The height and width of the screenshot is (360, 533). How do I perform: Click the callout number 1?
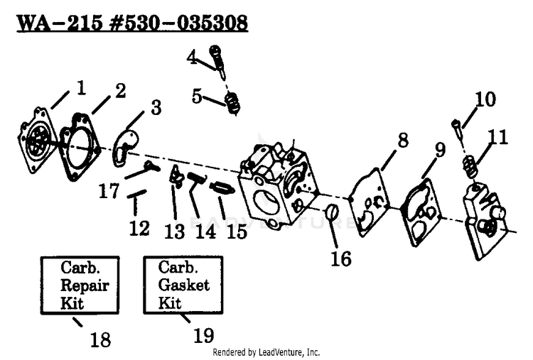pos(81,88)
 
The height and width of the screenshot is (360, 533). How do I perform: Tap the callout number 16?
pos(341,258)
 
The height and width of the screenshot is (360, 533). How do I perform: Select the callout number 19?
pos(204,335)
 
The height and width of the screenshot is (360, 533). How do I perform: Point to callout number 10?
pos(485,99)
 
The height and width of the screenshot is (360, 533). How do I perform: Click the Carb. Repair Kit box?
pos(80,285)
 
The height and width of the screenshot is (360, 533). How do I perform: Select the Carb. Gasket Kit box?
pos(183,285)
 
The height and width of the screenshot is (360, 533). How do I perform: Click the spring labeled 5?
pos(233,103)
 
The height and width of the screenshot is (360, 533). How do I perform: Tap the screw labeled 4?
pos(217,61)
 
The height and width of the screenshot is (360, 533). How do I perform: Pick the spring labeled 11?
pos(470,166)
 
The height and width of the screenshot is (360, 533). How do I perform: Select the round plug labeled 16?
pos(332,212)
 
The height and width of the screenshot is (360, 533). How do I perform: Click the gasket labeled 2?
pos(80,147)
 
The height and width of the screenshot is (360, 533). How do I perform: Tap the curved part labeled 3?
pos(125,148)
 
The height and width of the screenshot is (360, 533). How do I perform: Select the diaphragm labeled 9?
pos(421,212)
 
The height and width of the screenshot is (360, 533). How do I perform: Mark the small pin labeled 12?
pos(136,193)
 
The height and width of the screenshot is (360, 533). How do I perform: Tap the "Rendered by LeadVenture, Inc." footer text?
pos(266,352)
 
